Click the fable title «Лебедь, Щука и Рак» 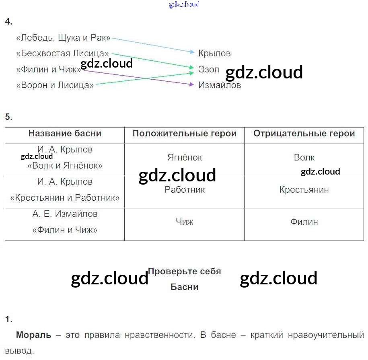[63, 38]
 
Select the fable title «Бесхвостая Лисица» [63, 53]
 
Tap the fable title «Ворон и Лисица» [55, 85]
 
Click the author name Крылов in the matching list [214, 53]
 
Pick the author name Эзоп [208, 69]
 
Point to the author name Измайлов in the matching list [220, 85]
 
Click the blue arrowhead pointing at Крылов [192, 51]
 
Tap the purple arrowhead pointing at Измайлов [191, 84]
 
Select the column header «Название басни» [65, 134]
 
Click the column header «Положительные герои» [184, 134]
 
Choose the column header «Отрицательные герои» [304, 134]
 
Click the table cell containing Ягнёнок [185, 158]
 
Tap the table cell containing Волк [304, 158]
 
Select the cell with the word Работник [185, 190]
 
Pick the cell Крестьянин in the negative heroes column [304, 190]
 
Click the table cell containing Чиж [185, 222]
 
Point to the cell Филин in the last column [304, 222]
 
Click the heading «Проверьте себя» [185, 272]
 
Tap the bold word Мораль [34, 335]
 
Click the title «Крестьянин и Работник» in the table [65, 198]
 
